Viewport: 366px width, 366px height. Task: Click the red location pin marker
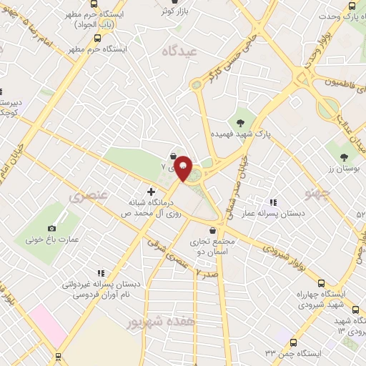183,169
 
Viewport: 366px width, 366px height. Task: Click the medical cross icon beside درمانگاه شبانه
150,192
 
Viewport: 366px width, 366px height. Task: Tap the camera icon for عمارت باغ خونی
51,229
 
